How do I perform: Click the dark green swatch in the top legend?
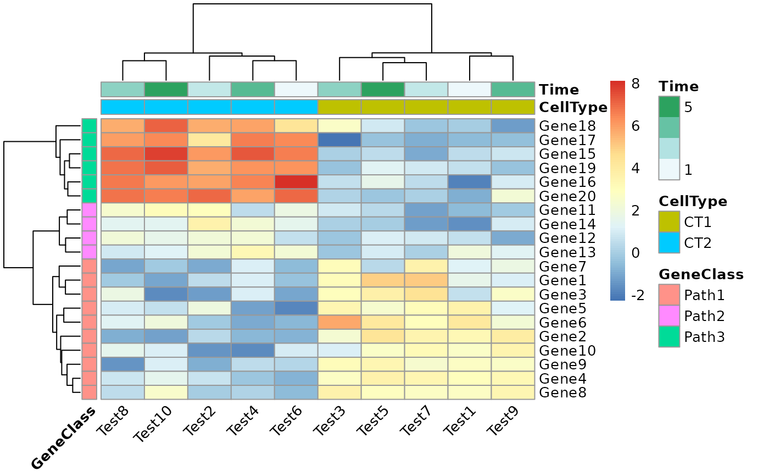click(x=669, y=107)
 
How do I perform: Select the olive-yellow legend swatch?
click(x=669, y=222)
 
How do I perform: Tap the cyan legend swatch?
click(x=669, y=242)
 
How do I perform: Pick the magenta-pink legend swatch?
click(x=669, y=316)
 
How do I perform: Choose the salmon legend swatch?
click(x=669, y=295)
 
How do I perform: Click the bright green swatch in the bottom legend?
click(x=669, y=336)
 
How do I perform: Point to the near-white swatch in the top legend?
click(x=669, y=169)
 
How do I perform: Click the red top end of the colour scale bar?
click(x=617, y=84)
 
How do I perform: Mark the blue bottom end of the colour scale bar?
click(x=617, y=297)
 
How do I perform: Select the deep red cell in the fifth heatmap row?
click(x=296, y=182)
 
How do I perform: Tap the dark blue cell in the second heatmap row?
click(x=339, y=140)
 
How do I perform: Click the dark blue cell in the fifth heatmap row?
click(x=470, y=182)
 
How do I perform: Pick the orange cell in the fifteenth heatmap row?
click(x=339, y=322)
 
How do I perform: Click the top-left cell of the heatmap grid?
click(x=122, y=126)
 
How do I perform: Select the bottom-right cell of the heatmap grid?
click(x=513, y=392)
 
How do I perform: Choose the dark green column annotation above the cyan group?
click(x=166, y=89)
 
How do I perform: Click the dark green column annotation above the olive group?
click(x=383, y=89)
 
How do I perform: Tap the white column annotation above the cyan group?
click(x=296, y=89)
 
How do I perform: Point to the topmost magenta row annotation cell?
click(x=89, y=210)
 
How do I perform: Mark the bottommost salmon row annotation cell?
click(x=89, y=392)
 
